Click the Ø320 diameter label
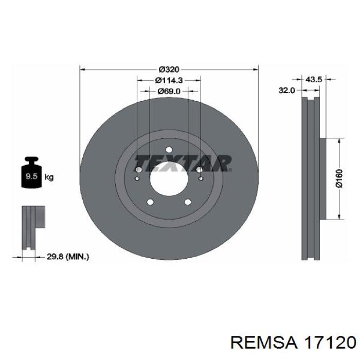point(169,69)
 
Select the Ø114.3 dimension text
point(169,80)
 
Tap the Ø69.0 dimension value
point(169,91)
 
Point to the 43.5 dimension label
point(314,80)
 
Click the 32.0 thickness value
point(286,91)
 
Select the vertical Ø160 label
point(339,178)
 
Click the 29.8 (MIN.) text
point(68,257)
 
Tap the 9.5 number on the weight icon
point(31,176)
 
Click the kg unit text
point(49,177)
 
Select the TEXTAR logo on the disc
point(183,164)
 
